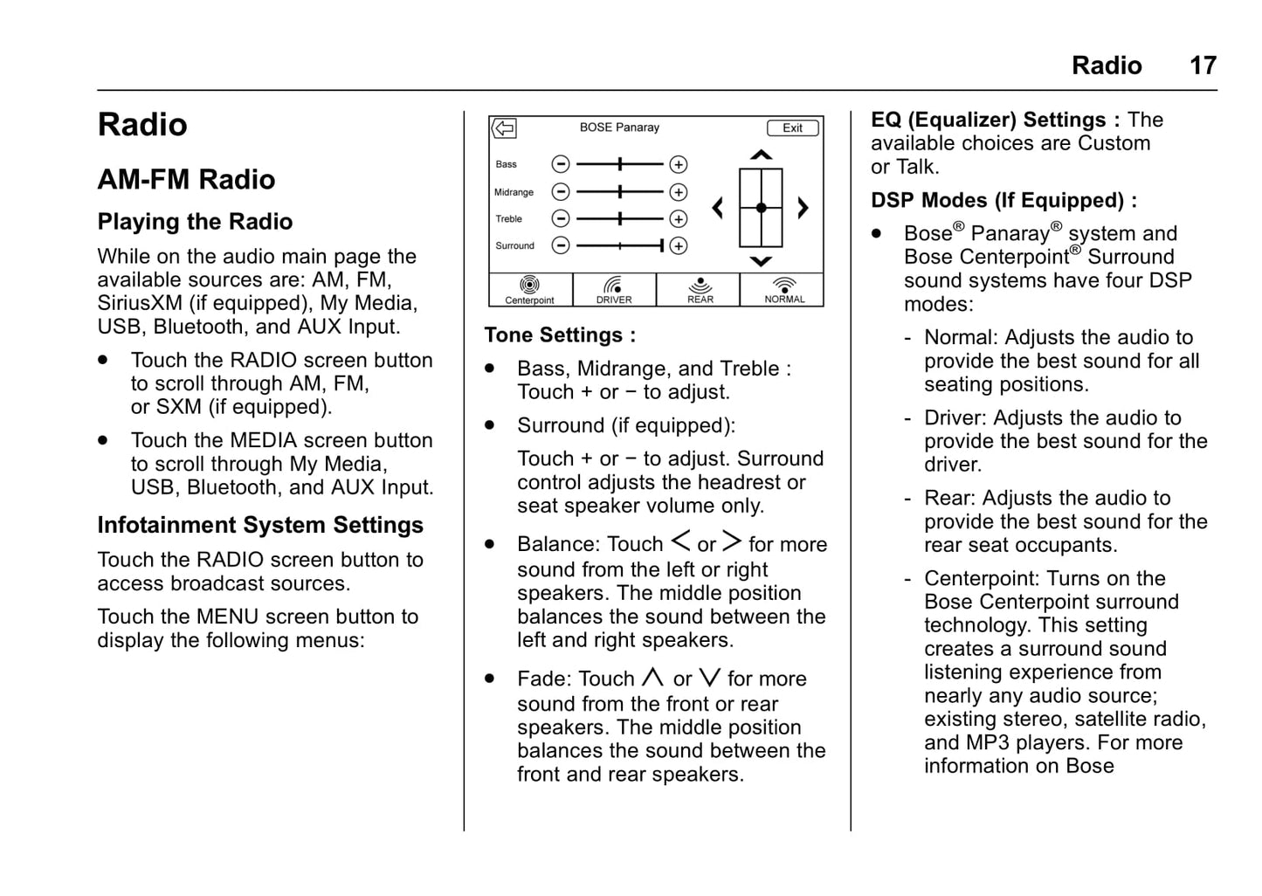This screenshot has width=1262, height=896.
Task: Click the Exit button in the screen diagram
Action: coord(792,128)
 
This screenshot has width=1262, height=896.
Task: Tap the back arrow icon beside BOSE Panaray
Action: coord(504,128)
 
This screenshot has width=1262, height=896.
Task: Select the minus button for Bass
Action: coord(561,164)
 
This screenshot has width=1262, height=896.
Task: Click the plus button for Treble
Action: coord(678,219)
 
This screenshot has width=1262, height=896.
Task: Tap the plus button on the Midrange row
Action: coord(678,192)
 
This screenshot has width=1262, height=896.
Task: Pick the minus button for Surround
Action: coord(561,246)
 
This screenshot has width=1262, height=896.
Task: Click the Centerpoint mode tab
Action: coord(529,290)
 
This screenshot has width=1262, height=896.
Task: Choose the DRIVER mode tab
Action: coord(614,290)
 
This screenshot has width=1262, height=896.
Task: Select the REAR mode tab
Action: coord(700,290)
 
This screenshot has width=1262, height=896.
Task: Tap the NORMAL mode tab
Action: coord(783,290)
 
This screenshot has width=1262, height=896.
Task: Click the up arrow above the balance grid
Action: coord(761,155)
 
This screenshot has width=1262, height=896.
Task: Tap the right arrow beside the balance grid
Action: coord(803,208)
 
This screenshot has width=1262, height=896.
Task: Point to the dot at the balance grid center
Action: coord(761,208)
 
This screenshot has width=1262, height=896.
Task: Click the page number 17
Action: coord(1203,65)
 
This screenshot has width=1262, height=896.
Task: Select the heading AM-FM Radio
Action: coord(186,180)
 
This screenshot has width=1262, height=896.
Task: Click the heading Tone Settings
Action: coord(559,335)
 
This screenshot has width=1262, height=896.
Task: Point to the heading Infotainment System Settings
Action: coord(260,525)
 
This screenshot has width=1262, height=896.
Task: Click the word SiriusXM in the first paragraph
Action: coord(140,303)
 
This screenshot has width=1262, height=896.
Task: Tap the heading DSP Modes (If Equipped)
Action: coord(1003,201)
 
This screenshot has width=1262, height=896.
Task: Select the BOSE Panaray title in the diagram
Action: coord(619,128)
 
